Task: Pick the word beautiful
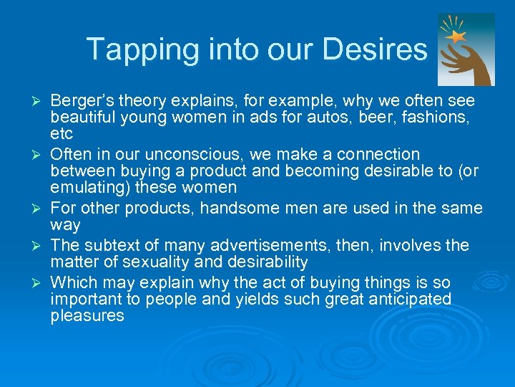point(86,118)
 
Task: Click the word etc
point(62,135)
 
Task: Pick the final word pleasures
point(87,316)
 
